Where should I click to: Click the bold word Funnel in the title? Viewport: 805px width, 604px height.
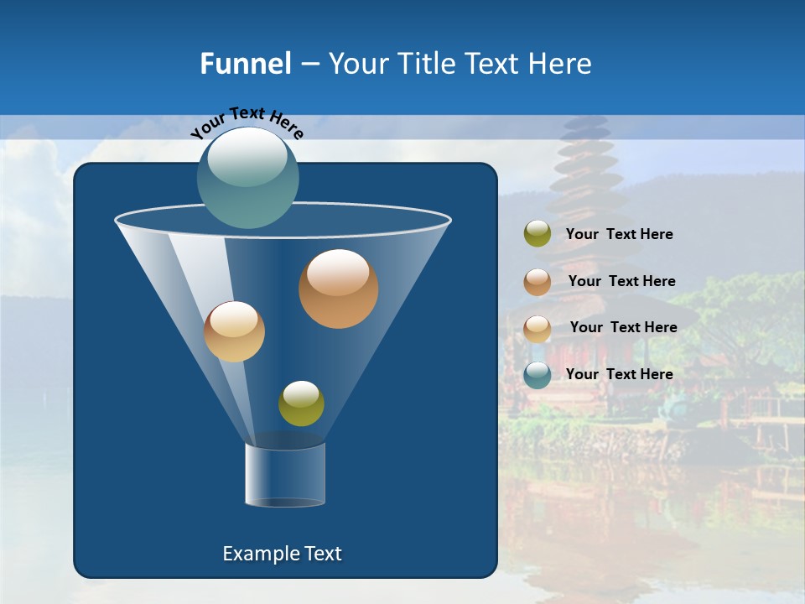coord(246,64)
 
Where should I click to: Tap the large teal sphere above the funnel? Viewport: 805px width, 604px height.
coord(247,178)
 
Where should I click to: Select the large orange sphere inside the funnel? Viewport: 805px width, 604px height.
coord(338,289)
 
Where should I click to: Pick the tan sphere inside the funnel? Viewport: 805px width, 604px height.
coord(234,331)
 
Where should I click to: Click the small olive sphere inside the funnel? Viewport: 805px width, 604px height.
coord(301,404)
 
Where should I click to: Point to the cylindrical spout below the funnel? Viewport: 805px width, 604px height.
coord(285,475)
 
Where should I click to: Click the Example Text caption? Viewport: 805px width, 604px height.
coord(283,554)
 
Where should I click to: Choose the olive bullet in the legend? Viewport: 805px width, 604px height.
coord(537,234)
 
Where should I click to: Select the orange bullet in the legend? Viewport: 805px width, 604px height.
coord(537,282)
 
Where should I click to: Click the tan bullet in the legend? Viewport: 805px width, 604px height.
coord(537,328)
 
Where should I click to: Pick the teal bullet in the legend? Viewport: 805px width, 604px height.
coord(537,375)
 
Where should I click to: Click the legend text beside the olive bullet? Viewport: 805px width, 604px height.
coord(619,234)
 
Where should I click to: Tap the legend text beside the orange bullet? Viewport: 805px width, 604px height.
coord(621,281)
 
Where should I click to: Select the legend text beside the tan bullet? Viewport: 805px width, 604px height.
coord(623,327)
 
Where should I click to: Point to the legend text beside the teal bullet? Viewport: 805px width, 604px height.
coord(619,374)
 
